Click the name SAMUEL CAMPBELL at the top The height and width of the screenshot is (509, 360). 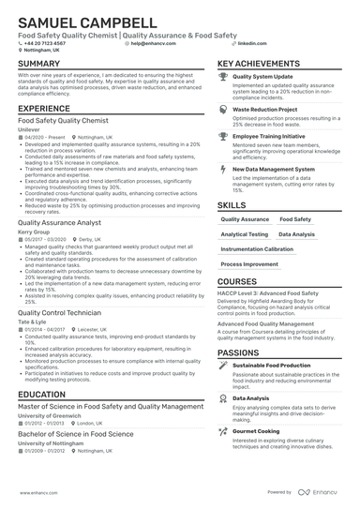point(87,22)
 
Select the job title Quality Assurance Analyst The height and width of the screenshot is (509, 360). point(59,222)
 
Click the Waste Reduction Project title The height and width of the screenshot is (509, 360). point(266,109)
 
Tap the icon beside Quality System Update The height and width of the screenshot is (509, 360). point(223,77)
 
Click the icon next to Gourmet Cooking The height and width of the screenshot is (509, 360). point(223,431)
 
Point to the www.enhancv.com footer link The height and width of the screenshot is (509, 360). point(35,491)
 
